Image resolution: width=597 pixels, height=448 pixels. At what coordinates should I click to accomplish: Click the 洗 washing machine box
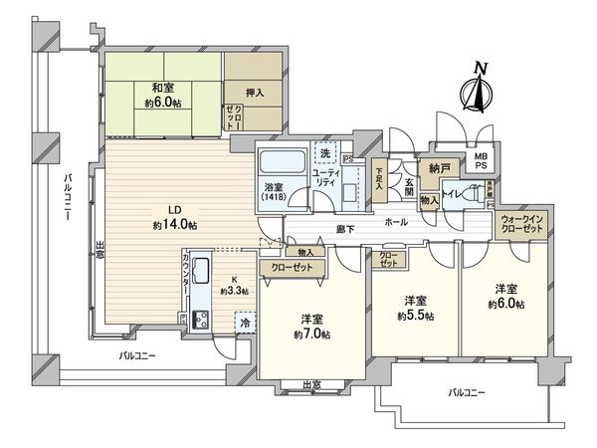324,154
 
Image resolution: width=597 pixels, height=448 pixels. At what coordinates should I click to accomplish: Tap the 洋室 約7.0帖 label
312,326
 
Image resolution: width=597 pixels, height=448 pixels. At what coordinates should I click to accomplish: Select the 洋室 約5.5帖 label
419,307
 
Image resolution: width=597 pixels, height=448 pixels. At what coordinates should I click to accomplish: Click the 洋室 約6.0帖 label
508,297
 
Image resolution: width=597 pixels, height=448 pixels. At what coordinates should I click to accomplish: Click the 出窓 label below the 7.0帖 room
311,384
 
